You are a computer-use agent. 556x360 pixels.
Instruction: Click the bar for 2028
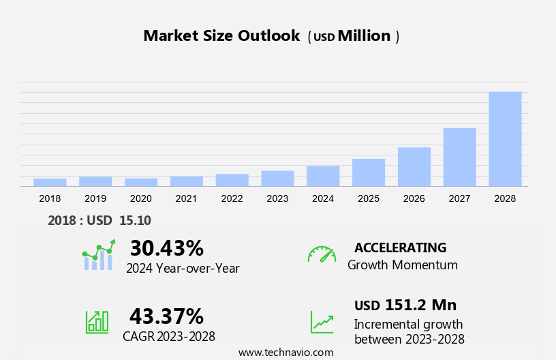(x=505, y=139)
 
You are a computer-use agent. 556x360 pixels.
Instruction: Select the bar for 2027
(x=459, y=157)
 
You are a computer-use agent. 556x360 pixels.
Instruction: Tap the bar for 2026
(x=414, y=167)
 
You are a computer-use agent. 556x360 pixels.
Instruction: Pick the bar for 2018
(x=50, y=182)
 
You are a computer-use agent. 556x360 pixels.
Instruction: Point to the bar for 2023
(x=277, y=179)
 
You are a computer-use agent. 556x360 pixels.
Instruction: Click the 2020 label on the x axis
(x=140, y=198)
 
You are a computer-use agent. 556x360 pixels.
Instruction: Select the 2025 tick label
(x=368, y=198)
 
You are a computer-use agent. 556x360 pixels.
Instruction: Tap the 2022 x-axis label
(x=232, y=198)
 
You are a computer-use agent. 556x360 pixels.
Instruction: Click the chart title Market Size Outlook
(x=221, y=36)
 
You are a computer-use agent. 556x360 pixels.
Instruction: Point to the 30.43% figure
(x=166, y=248)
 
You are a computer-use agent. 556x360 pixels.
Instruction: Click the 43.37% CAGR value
(x=166, y=316)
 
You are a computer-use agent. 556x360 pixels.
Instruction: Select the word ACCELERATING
(x=400, y=247)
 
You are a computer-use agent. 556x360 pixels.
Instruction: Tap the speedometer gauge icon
(x=322, y=254)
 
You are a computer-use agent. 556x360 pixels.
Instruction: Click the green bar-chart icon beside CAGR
(x=97, y=322)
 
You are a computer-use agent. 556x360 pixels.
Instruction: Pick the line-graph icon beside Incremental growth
(x=322, y=322)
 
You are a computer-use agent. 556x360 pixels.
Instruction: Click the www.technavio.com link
(x=285, y=352)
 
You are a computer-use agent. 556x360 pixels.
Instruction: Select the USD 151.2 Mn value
(x=405, y=305)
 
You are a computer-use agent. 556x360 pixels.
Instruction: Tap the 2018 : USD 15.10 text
(x=99, y=220)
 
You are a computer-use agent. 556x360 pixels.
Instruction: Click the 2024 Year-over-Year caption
(x=183, y=269)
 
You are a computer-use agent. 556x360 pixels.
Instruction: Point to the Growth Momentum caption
(x=402, y=265)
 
